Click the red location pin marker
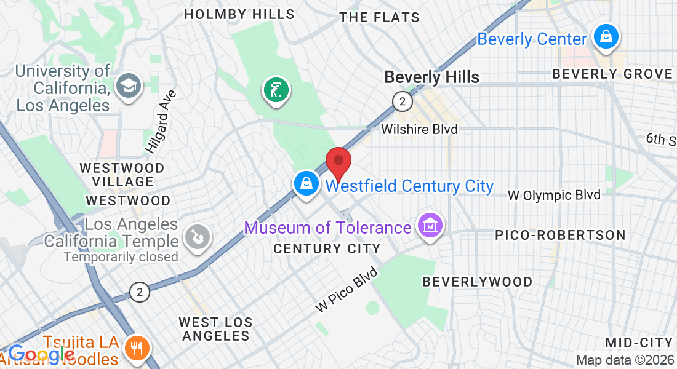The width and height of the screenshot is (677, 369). [338, 162]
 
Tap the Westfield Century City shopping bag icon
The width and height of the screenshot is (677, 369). [305, 183]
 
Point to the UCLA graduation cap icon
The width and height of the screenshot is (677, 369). [129, 84]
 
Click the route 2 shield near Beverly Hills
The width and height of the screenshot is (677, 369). [402, 101]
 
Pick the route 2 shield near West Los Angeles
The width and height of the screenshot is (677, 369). [140, 292]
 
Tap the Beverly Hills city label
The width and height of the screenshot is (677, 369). [431, 77]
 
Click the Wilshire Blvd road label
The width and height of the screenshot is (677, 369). [419, 129]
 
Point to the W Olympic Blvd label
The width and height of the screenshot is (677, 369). [554, 196]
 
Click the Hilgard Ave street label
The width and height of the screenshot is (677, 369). [161, 122]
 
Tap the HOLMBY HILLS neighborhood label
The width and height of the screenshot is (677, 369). [239, 14]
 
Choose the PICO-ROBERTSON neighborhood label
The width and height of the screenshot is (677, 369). [560, 235]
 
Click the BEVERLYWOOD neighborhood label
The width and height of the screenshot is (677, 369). [477, 282]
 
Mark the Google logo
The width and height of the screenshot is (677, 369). [41, 354]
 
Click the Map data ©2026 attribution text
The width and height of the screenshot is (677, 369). [625, 360]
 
